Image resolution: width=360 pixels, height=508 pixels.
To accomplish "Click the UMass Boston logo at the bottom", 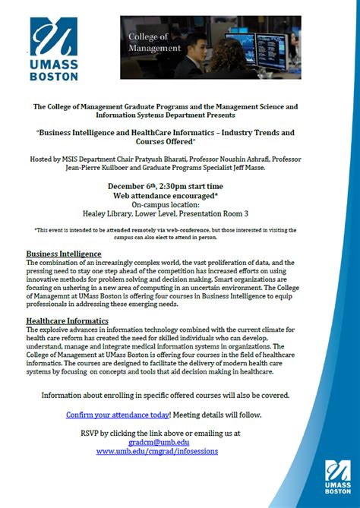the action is pos(338,477).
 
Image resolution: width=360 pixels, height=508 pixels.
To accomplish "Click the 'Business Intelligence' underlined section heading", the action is pos(64,254).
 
